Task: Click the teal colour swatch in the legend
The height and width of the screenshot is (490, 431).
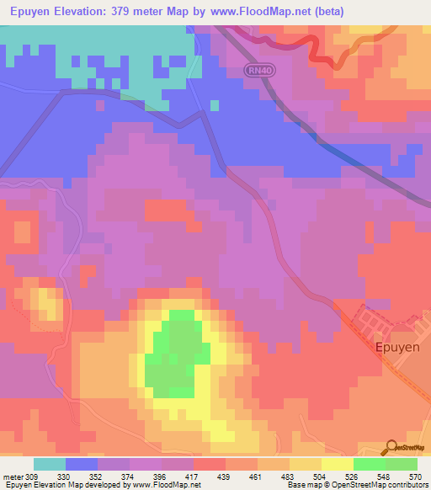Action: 50,464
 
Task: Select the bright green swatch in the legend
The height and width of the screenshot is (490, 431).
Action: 369,464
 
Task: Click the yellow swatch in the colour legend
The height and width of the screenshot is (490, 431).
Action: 337,464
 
